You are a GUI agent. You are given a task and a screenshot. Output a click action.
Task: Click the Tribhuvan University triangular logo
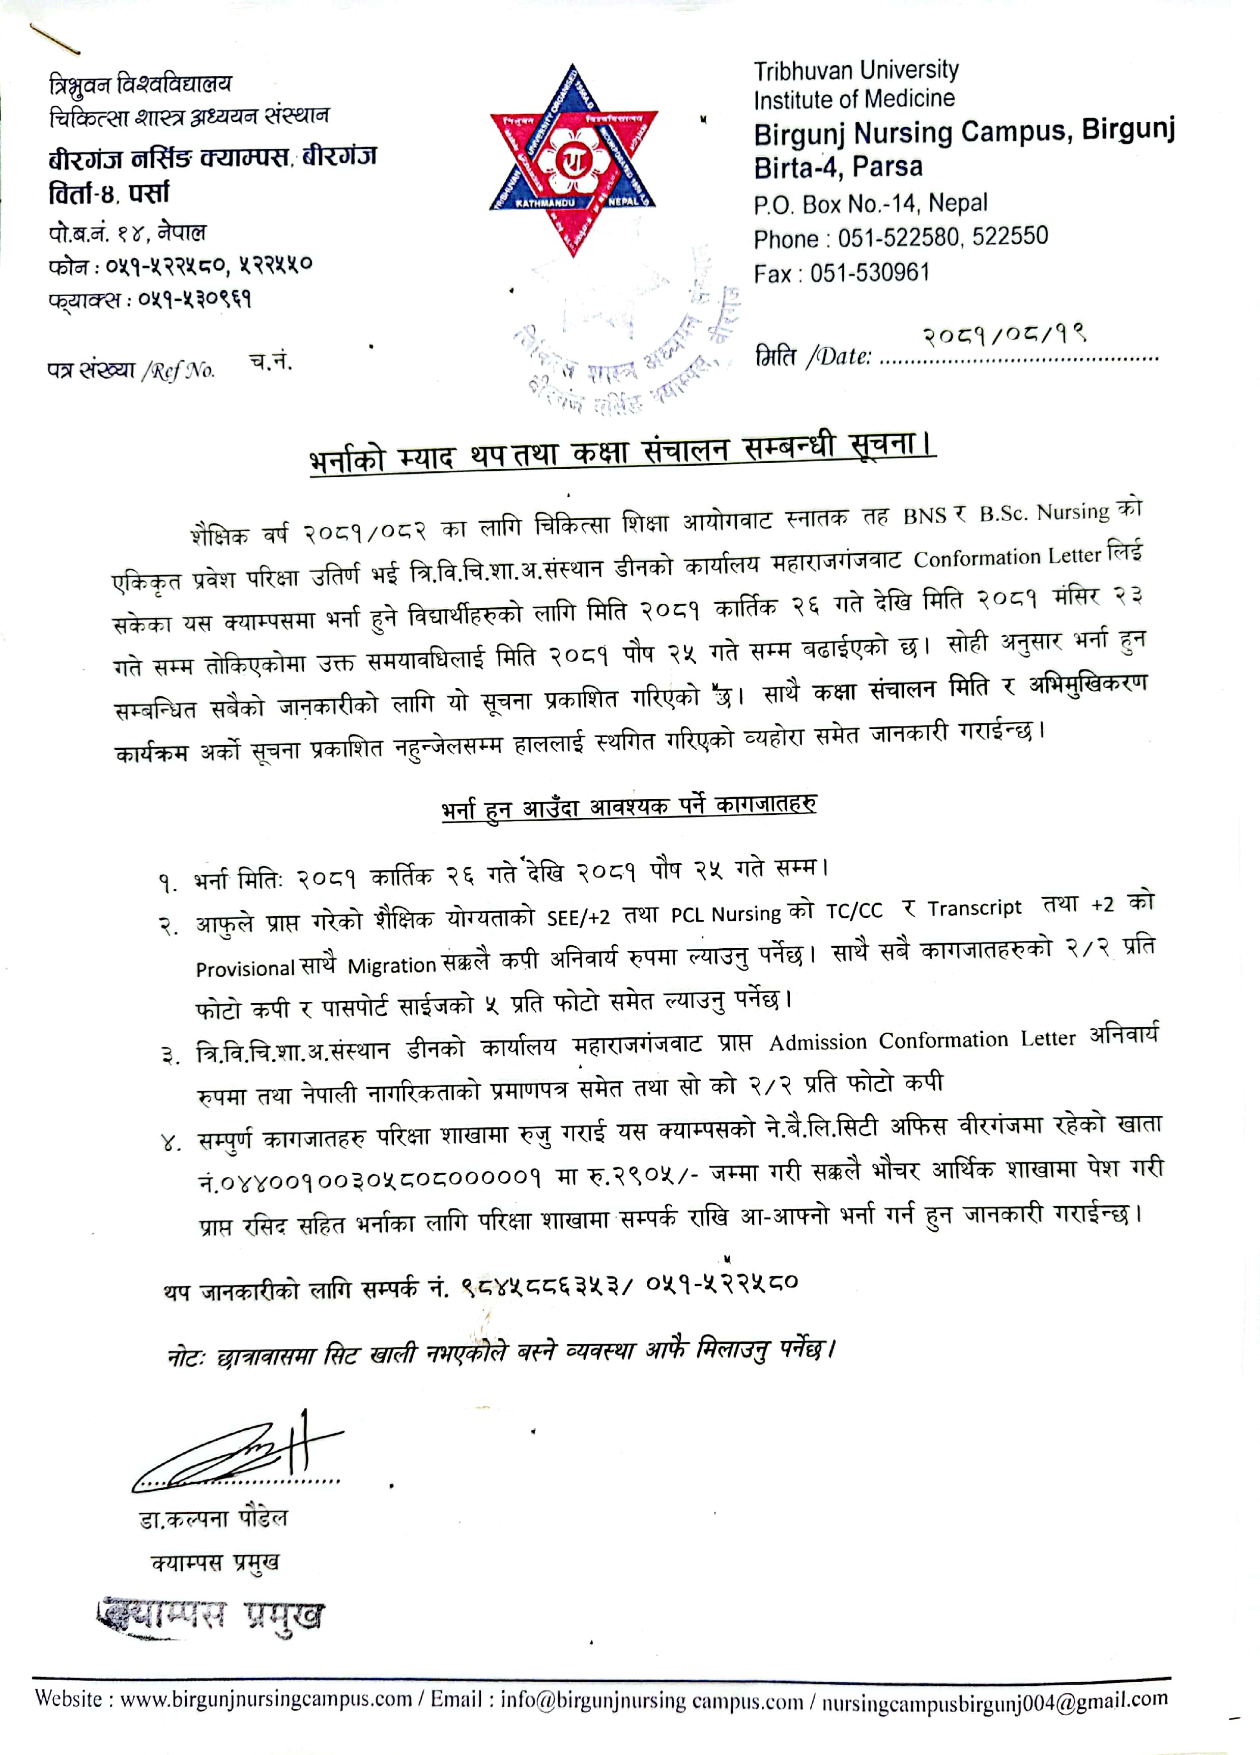(x=573, y=160)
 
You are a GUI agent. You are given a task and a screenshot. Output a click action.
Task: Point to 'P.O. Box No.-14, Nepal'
(x=870, y=204)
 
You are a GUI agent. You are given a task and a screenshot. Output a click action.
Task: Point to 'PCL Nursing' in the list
(x=726, y=915)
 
